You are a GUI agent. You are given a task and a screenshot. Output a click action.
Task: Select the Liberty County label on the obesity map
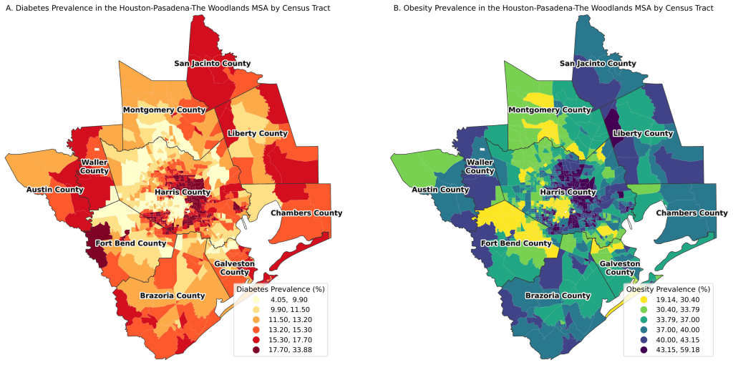coord(643,134)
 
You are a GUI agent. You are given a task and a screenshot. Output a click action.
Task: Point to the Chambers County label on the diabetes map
coord(306,213)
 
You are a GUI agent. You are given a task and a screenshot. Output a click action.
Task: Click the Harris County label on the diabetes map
coord(178,193)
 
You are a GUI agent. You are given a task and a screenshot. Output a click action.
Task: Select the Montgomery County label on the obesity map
coord(549,110)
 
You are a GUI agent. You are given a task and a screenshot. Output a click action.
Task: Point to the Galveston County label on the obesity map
coord(619,268)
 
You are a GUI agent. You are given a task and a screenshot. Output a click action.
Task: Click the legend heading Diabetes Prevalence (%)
coord(281,289)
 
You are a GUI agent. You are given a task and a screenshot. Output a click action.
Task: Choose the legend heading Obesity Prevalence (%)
coord(666,289)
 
